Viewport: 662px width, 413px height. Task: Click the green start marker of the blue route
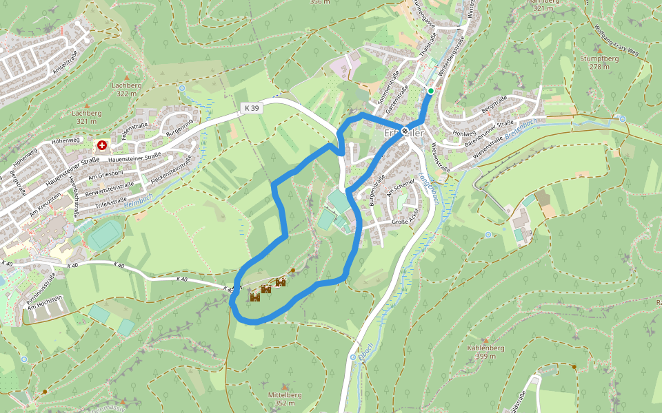430,91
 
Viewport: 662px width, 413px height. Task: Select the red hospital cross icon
102,145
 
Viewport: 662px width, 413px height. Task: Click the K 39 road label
252,108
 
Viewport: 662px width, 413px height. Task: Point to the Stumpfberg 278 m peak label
599,63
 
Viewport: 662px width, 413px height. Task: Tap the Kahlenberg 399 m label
485,352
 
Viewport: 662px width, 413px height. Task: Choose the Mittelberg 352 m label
284,399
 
